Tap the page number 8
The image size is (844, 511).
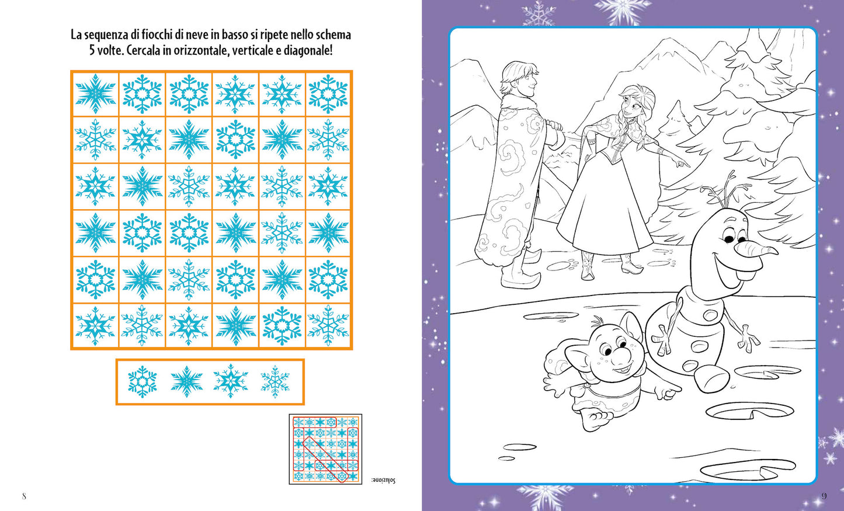(24, 496)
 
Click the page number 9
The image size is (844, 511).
(824, 496)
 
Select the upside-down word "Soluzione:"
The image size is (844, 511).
(383, 480)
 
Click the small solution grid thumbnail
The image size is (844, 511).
(325, 449)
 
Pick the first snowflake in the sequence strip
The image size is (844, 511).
(143, 381)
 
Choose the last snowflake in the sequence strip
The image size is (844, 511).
(275, 381)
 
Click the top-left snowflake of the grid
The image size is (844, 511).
(95, 93)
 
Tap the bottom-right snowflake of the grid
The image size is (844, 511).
(328, 326)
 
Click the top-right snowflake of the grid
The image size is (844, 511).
(328, 93)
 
